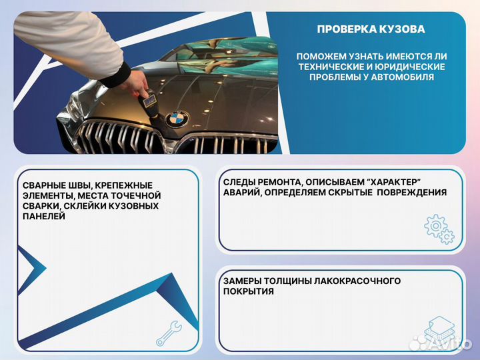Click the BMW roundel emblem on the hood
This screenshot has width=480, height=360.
[177, 118]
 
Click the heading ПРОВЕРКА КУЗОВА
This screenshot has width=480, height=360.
[371, 29]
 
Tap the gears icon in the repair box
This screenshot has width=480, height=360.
[439, 228]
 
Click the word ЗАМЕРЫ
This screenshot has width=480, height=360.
[245, 281]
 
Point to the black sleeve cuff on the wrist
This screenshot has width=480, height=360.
[115, 75]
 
